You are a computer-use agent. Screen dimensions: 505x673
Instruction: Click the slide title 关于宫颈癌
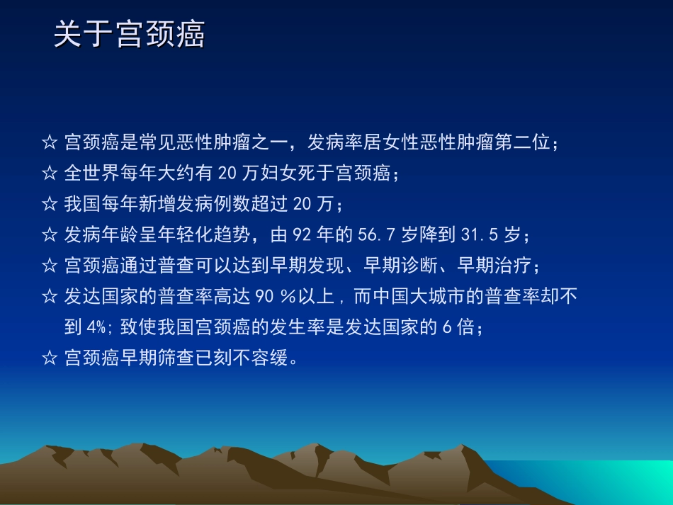click(x=130, y=35)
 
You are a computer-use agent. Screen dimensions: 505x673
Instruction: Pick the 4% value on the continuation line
click(x=98, y=328)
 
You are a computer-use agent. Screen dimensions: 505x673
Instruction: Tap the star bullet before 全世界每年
click(x=50, y=173)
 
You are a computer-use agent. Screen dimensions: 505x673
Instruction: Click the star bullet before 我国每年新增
click(x=50, y=204)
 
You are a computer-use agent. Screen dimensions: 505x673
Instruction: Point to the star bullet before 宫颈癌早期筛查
click(x=50, y=358)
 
